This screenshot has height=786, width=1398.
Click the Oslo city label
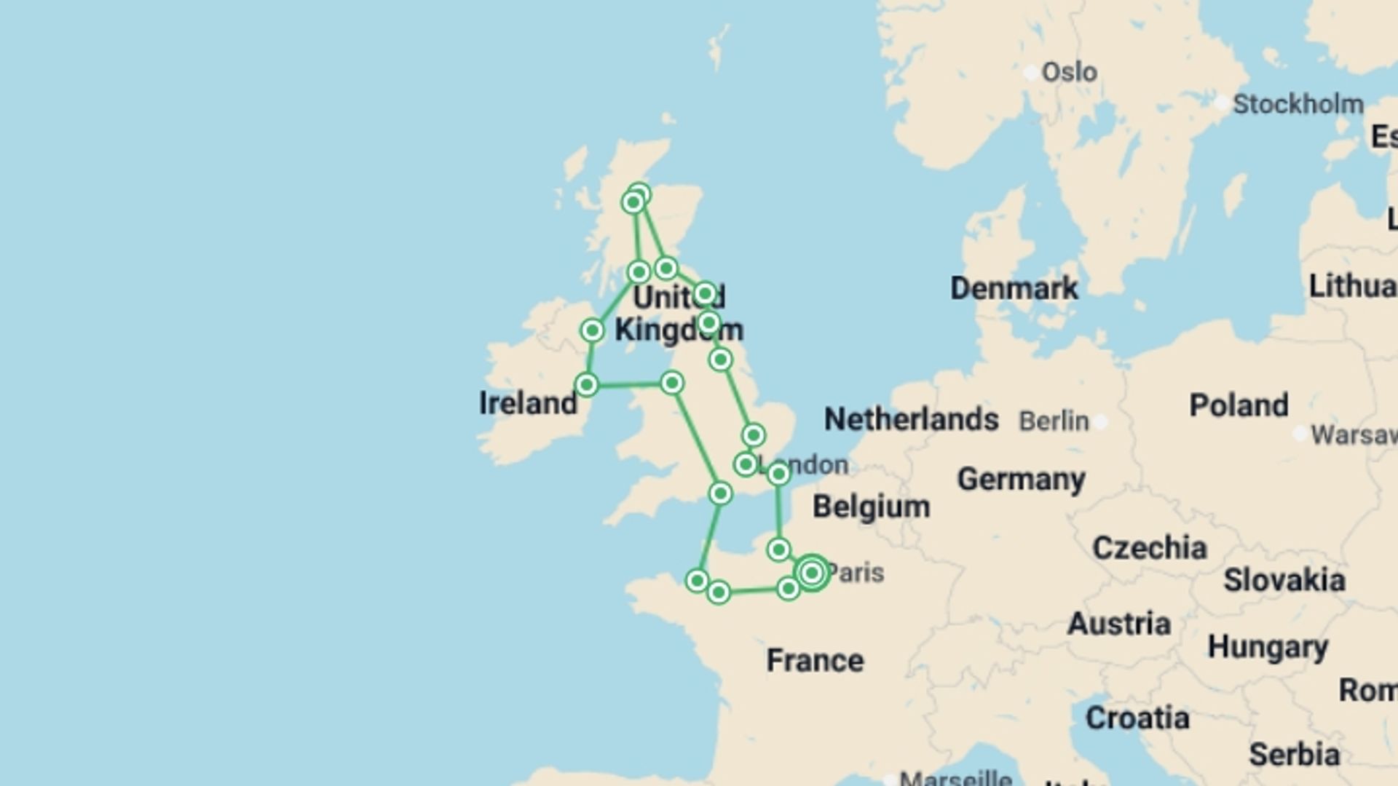(1069, 72)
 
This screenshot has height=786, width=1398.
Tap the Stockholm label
(1298, 104)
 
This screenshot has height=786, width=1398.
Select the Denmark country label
(1014, 288)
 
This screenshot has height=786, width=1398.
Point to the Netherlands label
(911, 419)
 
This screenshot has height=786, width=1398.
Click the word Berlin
(1054, 421)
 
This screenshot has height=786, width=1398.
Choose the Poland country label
(1239, 405)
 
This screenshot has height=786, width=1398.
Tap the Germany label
(1021, 479)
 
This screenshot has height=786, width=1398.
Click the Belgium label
(871, 507)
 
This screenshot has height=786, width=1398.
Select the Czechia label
(1149, 547)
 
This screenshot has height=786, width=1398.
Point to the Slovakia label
(1284, 580)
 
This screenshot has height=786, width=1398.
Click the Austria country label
(1118, 624)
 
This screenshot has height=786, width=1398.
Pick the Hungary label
(1268, 646)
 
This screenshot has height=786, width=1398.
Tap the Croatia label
(1137, 718)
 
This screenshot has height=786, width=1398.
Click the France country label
(815, 660)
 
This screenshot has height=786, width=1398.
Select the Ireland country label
(528, 402)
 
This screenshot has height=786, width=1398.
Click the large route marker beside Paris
(812, 573)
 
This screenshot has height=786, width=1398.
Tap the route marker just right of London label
(778, 475)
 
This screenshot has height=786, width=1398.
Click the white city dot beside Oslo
(1031, 72)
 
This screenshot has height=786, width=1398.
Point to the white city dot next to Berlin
(1101, 421)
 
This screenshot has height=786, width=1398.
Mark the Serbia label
(1294, 755)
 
